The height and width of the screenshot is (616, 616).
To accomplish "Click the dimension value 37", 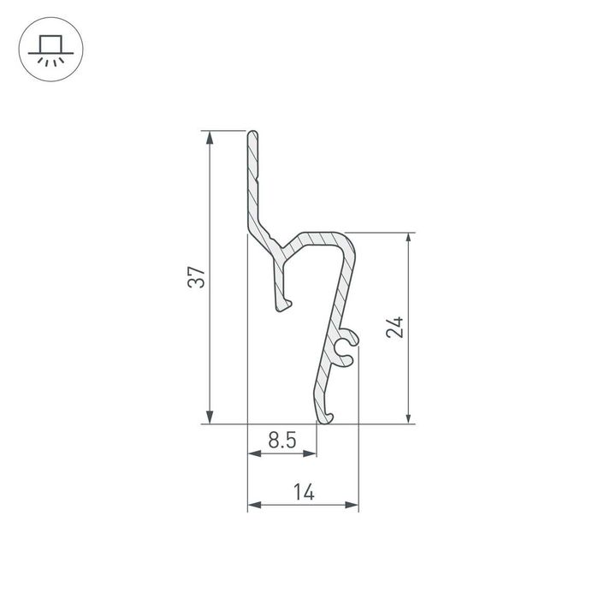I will pos(197,277).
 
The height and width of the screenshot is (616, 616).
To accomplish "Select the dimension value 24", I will pos(394,327).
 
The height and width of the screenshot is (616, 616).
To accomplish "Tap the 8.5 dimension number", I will pos(281,441).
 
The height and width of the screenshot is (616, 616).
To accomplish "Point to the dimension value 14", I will pos(302,492).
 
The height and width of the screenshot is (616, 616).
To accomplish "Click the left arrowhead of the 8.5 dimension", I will pos(254,454).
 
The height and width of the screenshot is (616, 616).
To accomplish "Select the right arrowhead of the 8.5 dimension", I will pos(310,454).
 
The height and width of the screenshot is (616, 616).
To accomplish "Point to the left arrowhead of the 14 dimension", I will pos(254,505).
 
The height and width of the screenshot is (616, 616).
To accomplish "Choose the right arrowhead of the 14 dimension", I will pos(352,505).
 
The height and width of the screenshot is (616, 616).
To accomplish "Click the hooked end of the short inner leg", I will pos(284,304).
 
